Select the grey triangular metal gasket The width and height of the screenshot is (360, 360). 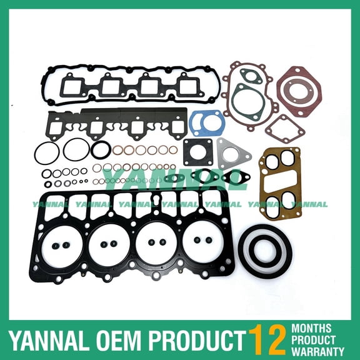232,153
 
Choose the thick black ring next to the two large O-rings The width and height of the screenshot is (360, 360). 101,149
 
